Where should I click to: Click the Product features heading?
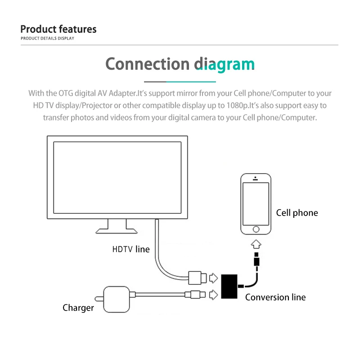pos(58,29)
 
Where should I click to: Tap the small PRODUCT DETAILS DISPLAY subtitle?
pos(47,38)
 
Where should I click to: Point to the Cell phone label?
pos(297,213)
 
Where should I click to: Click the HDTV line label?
pos(131,249)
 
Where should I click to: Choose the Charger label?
pos(78,308)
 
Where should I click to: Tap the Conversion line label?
pos(275,297)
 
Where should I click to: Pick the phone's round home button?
pos(256,229)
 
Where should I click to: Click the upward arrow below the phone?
pos(256,245)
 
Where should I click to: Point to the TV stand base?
pos(117,230)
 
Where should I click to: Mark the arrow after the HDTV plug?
pos(214,278)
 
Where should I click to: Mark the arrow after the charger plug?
pos(214,295)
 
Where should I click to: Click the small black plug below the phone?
pos(256,261)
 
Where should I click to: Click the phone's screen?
pos(256,202)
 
